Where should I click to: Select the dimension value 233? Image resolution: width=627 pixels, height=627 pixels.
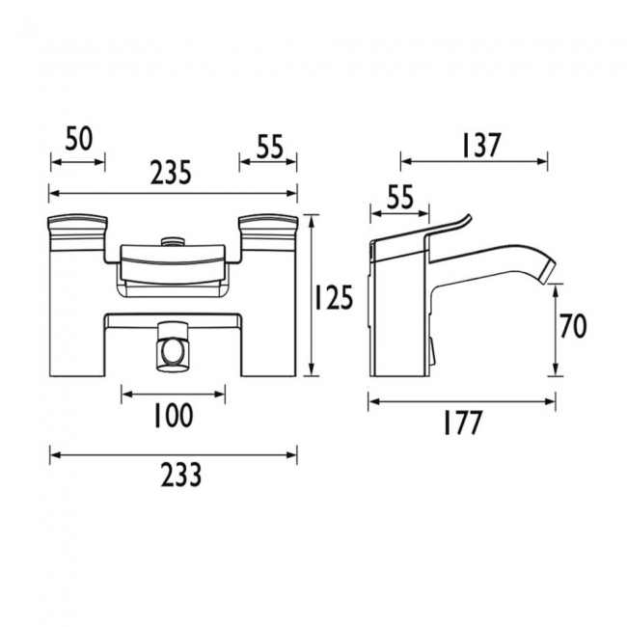tap(175, 476)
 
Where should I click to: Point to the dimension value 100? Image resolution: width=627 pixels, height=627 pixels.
tap(174, 416)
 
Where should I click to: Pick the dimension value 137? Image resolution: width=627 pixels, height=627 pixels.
tap(475, 145)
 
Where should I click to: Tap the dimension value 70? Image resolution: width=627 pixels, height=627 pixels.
tap(572, 328)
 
